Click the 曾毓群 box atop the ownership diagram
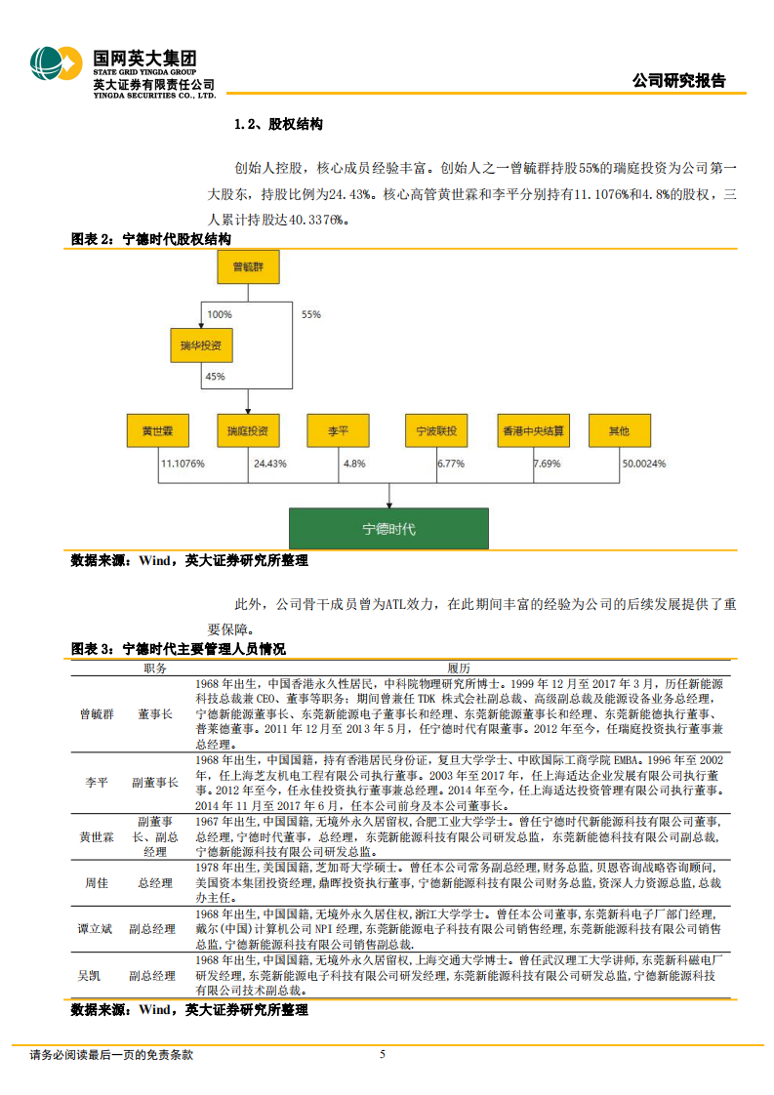point(249,266)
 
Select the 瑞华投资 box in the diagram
point(201,345)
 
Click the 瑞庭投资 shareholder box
point(248,430)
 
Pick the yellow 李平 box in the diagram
point(339,430)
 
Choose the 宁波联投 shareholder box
point(436,430)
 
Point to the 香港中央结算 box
point(531,430)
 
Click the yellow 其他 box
point(619,430)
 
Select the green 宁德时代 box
point(388,529)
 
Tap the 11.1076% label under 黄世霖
point(183,464)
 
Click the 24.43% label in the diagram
point(270,464)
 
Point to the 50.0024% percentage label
point(644,464)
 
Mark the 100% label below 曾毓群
point(220,314)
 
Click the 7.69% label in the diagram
point(548,464)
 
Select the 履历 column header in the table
point(459,669)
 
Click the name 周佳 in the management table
point(97,882)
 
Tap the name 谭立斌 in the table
point(97,929)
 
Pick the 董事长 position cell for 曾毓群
point(155,714)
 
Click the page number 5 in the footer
point(383,1054)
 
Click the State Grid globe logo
point(55,67)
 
